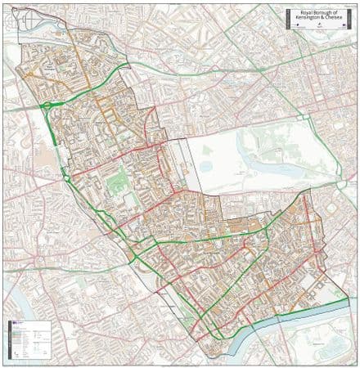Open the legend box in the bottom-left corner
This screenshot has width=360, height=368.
tap(29, 340)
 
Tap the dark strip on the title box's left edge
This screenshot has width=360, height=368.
tap(287, 20)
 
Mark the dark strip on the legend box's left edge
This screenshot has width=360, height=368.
tap(9, 340)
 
